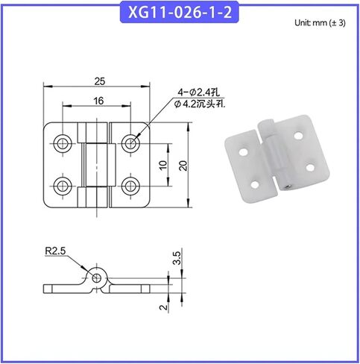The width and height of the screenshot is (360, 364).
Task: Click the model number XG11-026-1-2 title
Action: (180, 13)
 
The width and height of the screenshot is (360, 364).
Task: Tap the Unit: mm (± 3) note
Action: (320, 23)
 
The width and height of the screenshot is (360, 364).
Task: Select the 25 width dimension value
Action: (100, 81)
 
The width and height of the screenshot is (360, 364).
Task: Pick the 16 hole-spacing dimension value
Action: (98, 101)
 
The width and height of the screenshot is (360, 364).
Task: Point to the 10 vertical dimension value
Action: (163, 165)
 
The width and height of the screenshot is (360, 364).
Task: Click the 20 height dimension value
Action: (183, 166)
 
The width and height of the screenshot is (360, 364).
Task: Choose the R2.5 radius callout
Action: (55, 251)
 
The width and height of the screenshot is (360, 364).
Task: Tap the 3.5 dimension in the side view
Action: (177, 258)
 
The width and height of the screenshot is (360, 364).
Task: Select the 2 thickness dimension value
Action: (163, 307)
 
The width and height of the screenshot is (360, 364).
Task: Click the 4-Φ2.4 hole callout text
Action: (198, 92)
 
